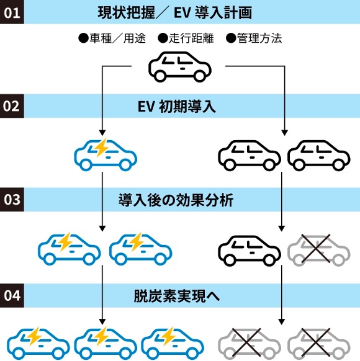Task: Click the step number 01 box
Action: (x=12, y=13)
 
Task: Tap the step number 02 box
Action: (x=12, y=106)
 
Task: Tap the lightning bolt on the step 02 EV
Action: (x=99, y=148)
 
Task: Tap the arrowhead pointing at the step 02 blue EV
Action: (x=101, y=131)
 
